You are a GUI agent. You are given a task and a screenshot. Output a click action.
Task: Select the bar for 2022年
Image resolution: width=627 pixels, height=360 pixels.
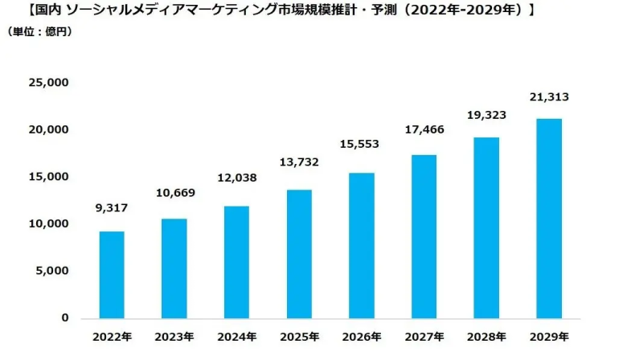pos(111,275)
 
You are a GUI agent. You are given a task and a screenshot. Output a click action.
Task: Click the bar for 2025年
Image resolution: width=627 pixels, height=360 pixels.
pos(299,254)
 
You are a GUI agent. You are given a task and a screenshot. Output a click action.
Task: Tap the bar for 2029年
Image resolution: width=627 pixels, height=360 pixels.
pos(549,219)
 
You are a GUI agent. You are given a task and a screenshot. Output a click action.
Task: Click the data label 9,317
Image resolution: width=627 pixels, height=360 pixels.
pos(111,208)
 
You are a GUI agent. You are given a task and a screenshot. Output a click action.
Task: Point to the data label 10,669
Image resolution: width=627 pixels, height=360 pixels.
pos(174,193)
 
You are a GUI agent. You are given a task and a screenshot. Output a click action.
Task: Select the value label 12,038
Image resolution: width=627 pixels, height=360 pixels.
pos(236,178)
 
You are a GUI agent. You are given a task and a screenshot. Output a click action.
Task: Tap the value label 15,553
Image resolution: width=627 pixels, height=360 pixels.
pos(362,144)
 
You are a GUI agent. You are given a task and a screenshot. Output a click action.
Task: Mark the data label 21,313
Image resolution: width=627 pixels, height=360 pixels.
pos(549,96)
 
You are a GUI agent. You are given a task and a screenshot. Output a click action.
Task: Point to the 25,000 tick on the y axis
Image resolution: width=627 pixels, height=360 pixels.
pos(47,83)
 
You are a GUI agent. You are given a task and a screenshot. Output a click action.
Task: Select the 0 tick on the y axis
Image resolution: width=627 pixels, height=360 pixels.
pos(64,318)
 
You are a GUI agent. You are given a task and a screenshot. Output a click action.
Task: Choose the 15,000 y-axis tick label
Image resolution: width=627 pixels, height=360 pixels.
pos(47,177)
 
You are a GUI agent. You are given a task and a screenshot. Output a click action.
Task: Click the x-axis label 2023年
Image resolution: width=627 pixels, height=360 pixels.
pos(174,336)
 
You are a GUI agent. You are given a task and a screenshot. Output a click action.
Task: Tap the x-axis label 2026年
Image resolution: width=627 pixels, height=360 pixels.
pos(362,336)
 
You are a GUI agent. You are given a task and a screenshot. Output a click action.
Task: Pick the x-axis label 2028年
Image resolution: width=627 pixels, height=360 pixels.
pos(486,336)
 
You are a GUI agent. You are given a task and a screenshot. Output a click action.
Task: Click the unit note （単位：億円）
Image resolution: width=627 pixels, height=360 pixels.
pos(40,32)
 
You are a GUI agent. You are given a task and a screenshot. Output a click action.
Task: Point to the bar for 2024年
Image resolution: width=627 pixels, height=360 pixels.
pos(236,262)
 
